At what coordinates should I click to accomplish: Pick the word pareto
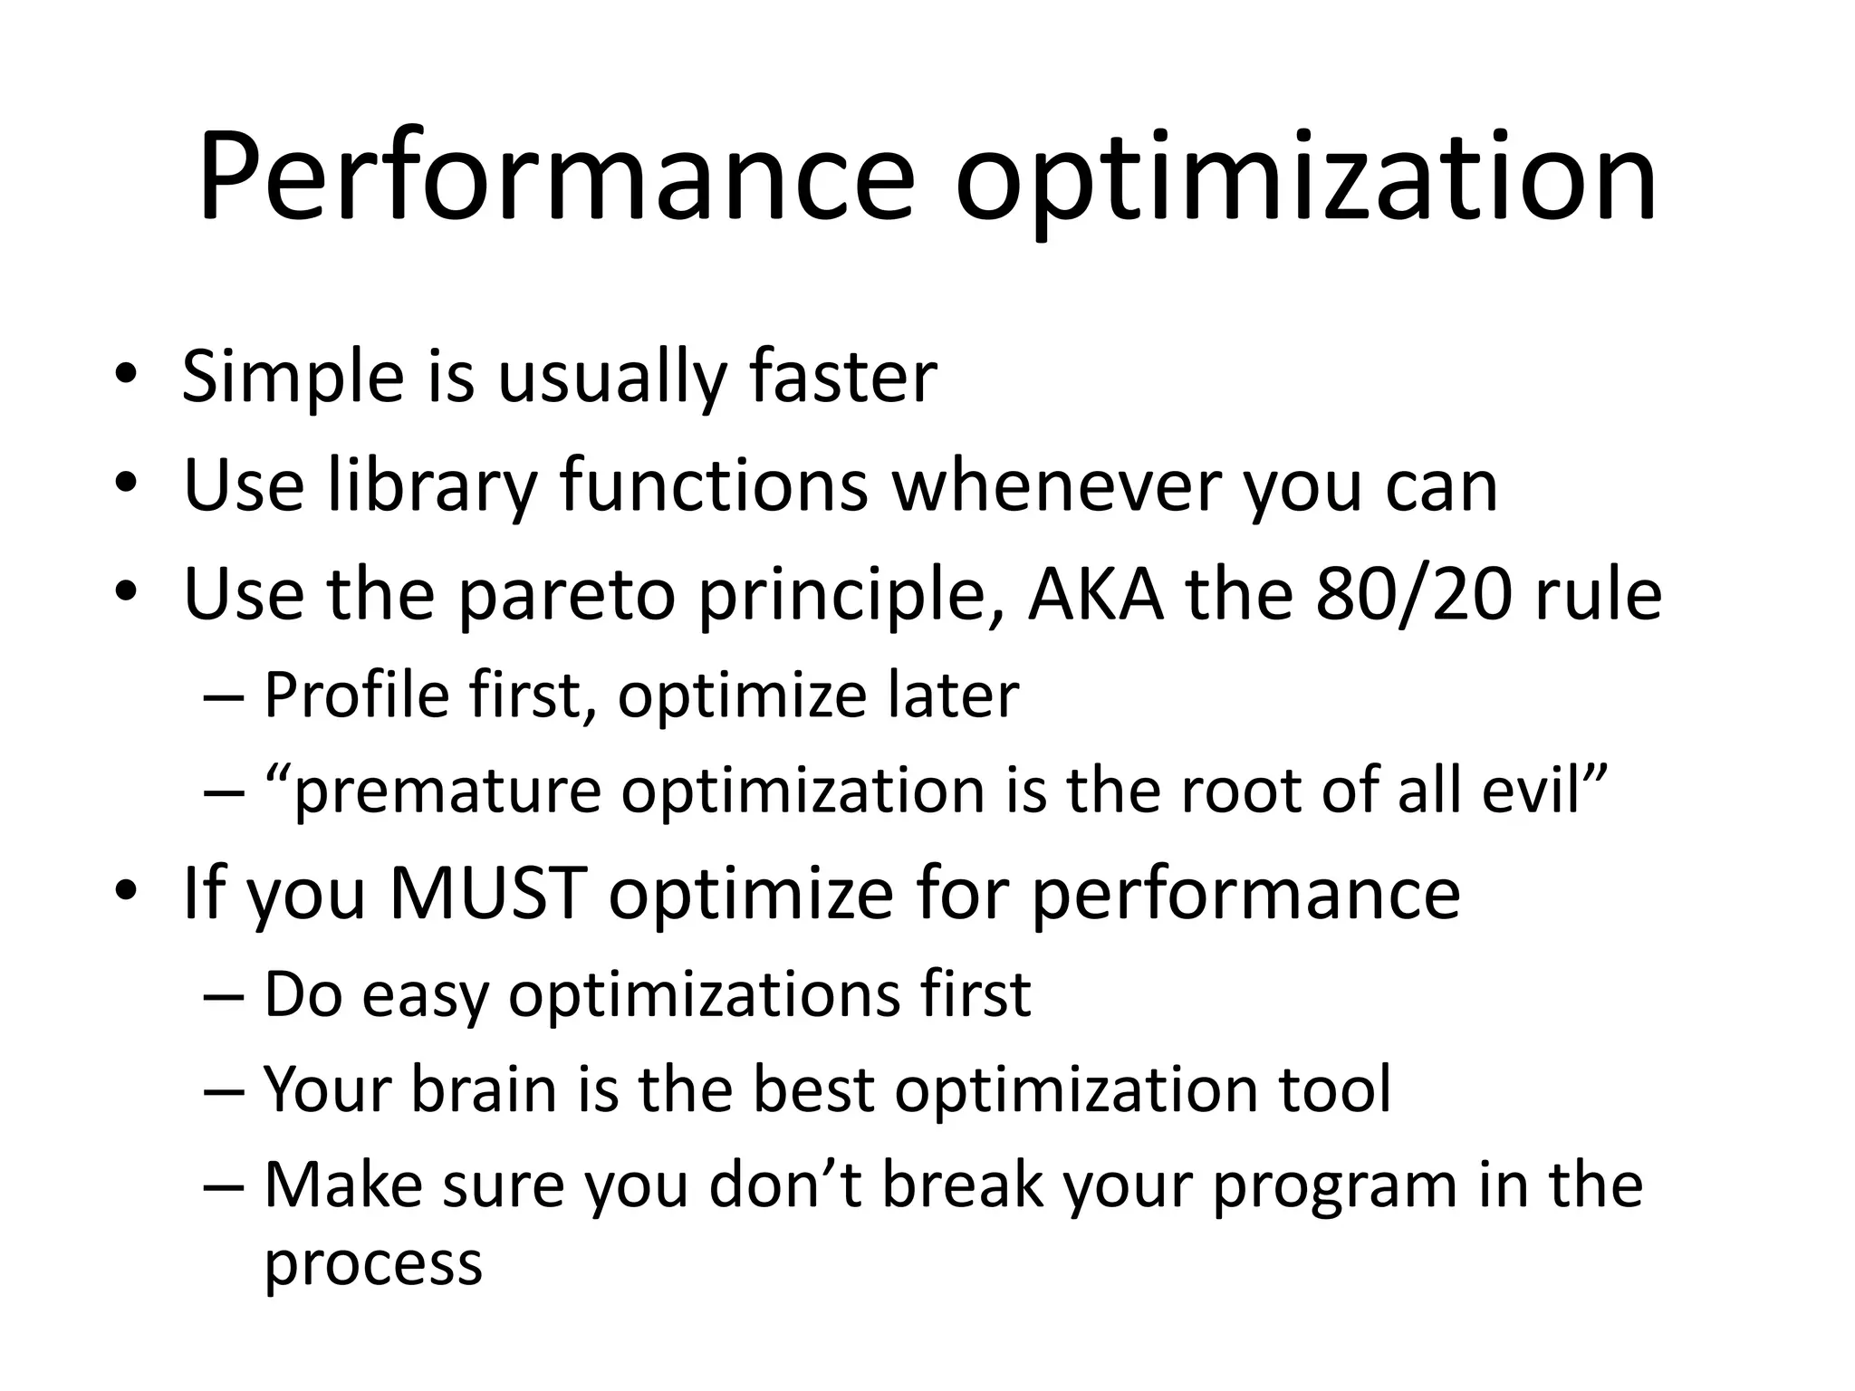pyautogui.click(x=567, y=595)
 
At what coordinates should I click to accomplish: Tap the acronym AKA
pyautogui.click(x=1095, y=595)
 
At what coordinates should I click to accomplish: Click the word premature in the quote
pyautogui.click(x=448, y=791)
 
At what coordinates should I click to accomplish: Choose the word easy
pyautogui.click(x=425, y=994)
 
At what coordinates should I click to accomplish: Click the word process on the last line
pyautogui.click(x=373, y=1264)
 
